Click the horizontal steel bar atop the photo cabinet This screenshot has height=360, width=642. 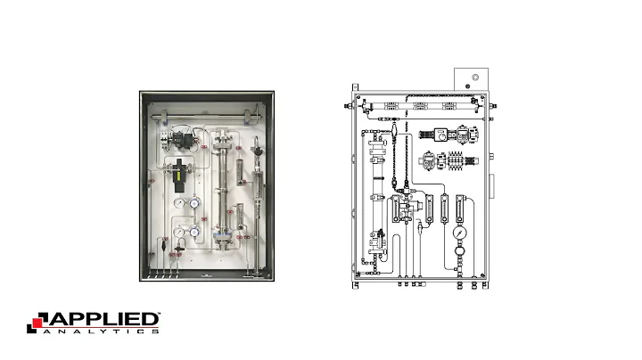point(202,114)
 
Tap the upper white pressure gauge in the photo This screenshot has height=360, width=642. point(181,203)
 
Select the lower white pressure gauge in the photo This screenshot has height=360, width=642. point(181,233)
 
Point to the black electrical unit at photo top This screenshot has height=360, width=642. point(185,138)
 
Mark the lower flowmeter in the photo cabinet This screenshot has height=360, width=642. point(238,217)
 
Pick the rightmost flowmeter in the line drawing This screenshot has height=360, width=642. point(460,207)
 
